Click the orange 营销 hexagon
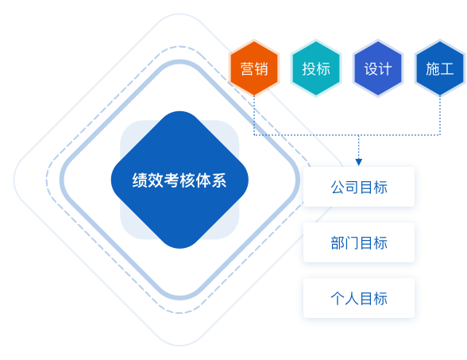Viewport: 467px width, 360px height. coord(254,68)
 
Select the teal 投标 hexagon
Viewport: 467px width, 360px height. coord(316,68)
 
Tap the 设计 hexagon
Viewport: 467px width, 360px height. coord(378,68)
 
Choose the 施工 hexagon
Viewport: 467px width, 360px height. coord(440,68)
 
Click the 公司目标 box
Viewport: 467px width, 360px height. coord(359,187)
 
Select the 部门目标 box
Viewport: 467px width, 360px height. coord(359,242)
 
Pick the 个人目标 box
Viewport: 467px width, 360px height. coord(359,298)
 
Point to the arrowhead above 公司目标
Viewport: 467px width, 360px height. coord(359,162)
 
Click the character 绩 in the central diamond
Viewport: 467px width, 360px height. coord(140,180)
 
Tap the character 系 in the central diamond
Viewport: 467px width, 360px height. coord(219,180)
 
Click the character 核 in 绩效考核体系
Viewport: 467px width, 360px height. coord(187,180)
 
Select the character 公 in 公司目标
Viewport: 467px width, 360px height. coord(338,188)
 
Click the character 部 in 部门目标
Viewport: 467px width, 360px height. coord(338,243)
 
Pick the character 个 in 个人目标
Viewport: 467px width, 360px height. coord(338,298)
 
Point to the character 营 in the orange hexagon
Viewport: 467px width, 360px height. coord(247,69)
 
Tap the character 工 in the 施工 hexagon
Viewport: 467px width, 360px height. coord(447,69)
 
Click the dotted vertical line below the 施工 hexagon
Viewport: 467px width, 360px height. coord(440,115)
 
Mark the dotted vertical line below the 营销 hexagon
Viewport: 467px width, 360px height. coord(254,115)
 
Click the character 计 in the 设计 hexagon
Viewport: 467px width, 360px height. coord(385,69)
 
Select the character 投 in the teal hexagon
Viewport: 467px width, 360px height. coord(309,69)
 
